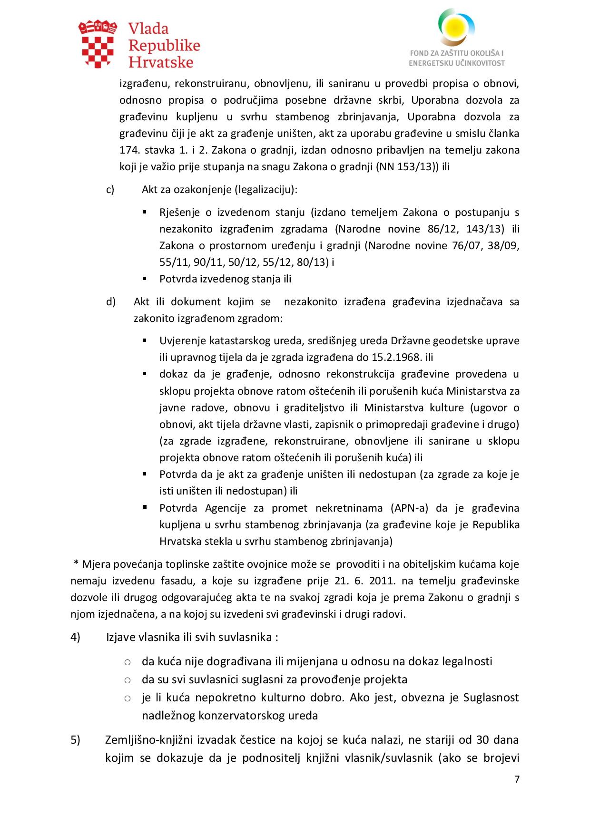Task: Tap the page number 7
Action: coord(517,779)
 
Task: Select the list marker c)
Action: coord(110,189)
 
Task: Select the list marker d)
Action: coord(110,301)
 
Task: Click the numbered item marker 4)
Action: coord(75,637)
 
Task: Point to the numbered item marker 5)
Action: coord(75,740)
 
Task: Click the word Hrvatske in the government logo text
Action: coord(161,62)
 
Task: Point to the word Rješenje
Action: coord(179,212)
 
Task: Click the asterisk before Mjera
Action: coord(76,563)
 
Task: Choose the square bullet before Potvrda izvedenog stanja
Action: coord(145,278)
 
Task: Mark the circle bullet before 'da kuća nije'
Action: coord(128,662)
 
